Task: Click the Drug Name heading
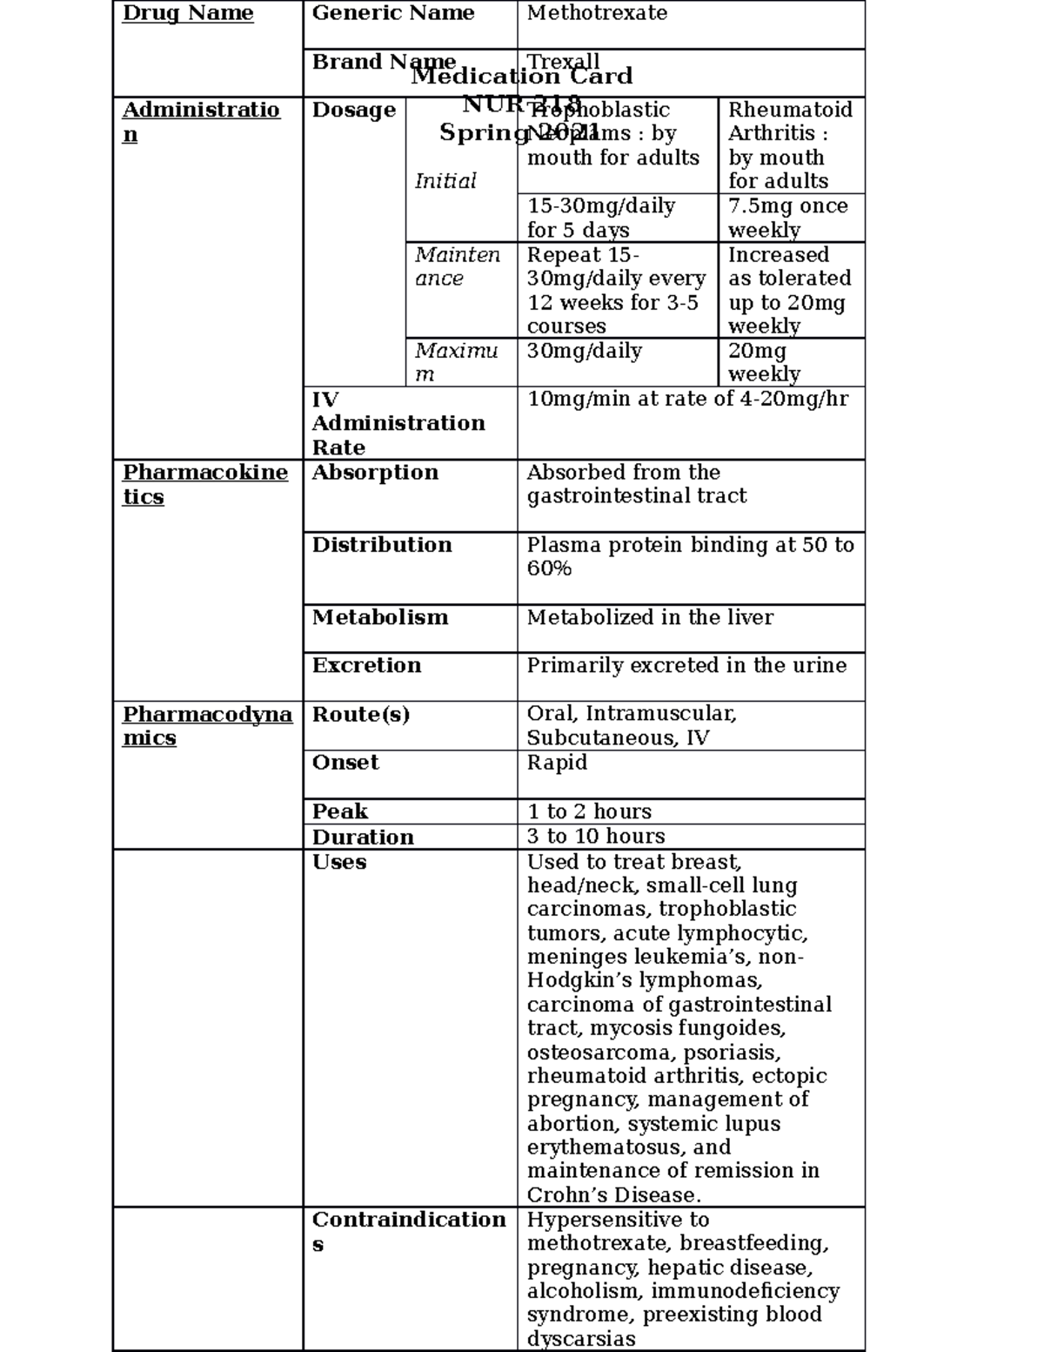coord(187,13)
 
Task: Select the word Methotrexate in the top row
coord(597,13)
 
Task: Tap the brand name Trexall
coord(564,61)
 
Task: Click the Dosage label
coord(353,110)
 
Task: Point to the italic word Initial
coord(445,181)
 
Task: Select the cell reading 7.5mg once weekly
coord(787,218)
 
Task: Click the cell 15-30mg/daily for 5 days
coord(600,218)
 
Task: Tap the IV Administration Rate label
coord(398,423)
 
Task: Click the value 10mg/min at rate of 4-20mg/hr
coord(687,399)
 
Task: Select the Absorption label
coord(375,472)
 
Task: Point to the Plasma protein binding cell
coord(689,556)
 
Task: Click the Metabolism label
coord(380,617)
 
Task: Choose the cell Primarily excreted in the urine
coord(686,665)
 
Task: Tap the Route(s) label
coord(360,714)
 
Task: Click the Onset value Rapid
coord(557,763)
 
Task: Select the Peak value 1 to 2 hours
coord(589,811)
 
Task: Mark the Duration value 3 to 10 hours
coord(596,837)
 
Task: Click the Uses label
coord(339,862)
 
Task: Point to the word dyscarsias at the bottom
coord(581,1339)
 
